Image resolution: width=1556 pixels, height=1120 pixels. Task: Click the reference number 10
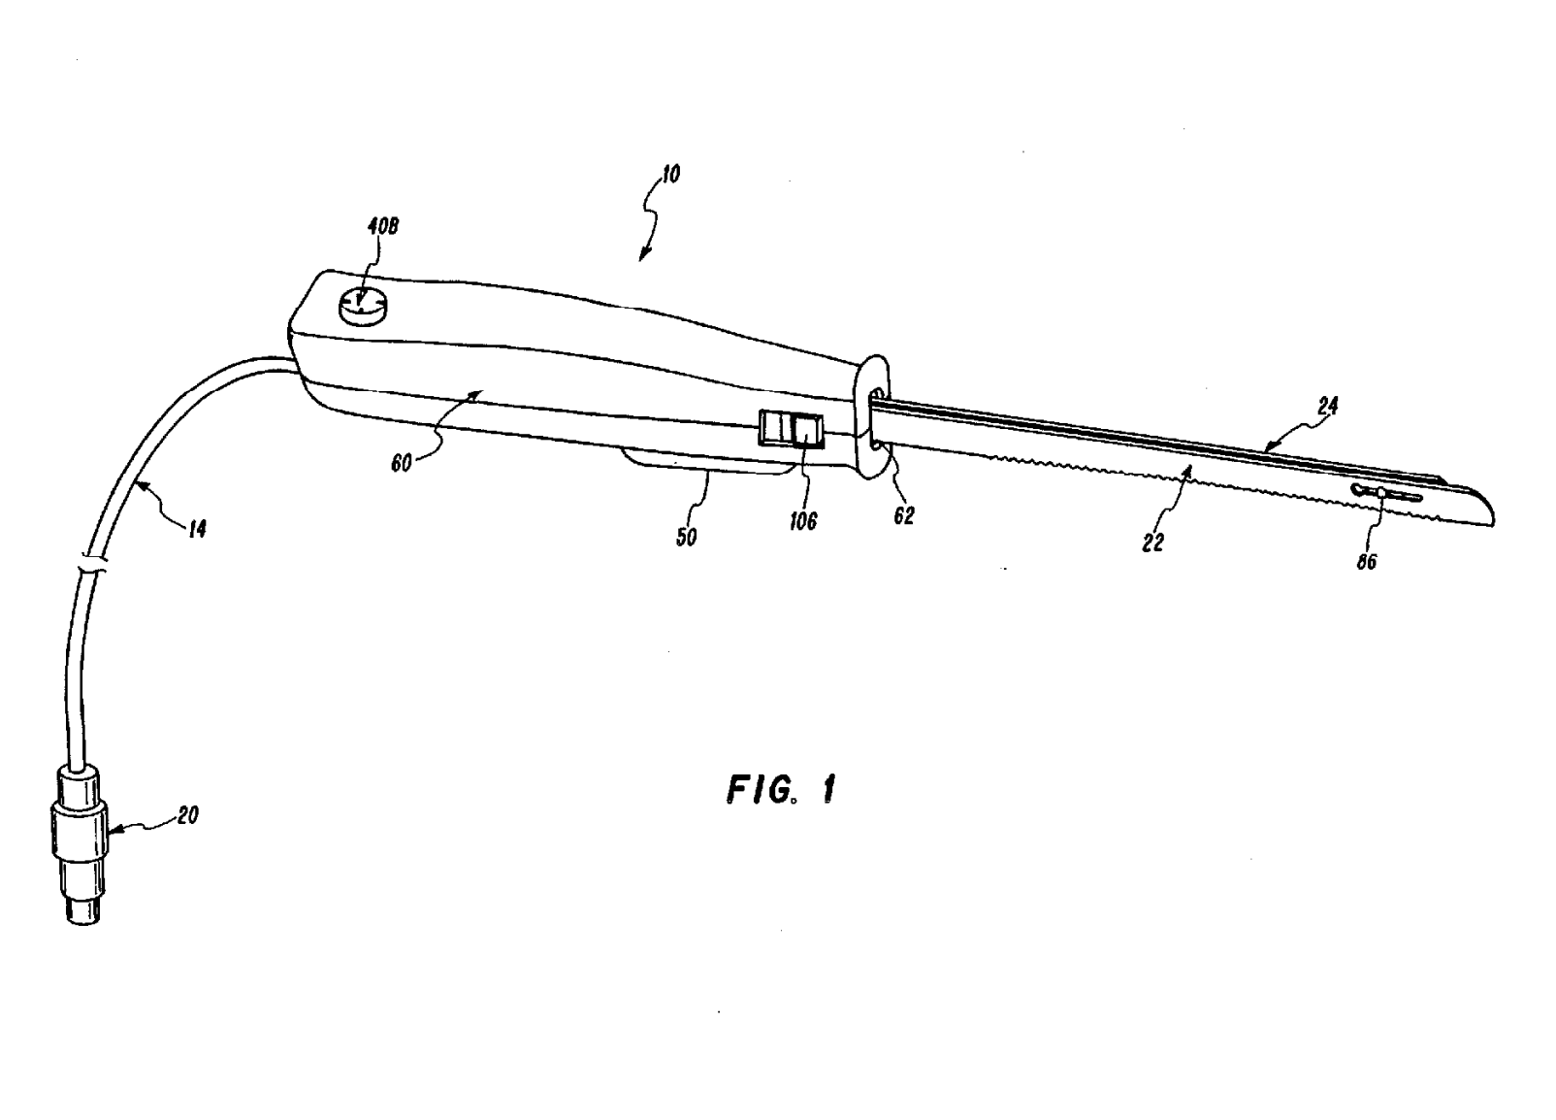pyautogui.click(x=670, y=175)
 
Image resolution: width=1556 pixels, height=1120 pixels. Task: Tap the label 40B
pyautogui.click(x=382, y=227)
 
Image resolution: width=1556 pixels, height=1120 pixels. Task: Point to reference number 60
pyautogui.click(x=402, y=463)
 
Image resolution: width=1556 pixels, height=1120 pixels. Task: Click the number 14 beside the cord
pyautogui.click(x=197, y=530)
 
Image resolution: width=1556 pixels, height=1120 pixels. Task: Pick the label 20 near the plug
pyautogui.click(x=187, y=815)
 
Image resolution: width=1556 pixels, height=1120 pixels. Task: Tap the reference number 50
pyautogui.click(x=686, y=537)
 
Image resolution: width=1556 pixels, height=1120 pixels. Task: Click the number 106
pyautogui.click(x=803, y=521)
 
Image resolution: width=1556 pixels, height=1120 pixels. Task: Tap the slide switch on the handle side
pyautogui.click(x=791, y=428)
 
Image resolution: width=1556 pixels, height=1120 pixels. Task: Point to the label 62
pyautogui.click(x=903, y=516)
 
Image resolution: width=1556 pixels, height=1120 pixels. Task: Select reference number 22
pyautogui.click(x=1152, y=544)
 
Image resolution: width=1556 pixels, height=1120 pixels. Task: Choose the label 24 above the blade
pyautogui.click(x=1327, y=407)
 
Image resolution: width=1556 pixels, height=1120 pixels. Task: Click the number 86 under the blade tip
pyautogui.click(x=1366, y=561)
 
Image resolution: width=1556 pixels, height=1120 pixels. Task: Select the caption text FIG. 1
pyautogui.click(x=780, y=789)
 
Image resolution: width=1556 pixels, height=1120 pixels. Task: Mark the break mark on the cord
pyautogui.click(x=89, y=563)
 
